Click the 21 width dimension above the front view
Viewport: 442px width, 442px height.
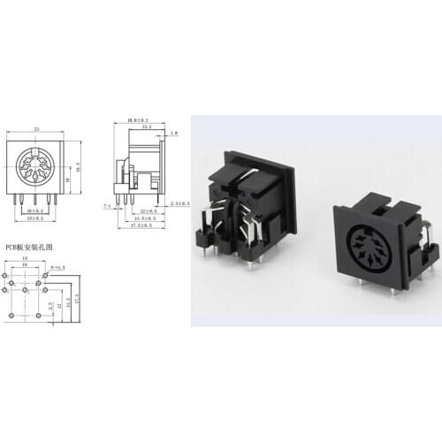(35, 129)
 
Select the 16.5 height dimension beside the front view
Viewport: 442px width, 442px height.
(78, 164)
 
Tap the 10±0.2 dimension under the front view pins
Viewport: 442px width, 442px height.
(36, 212)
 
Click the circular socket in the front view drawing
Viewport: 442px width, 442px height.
(36, 165)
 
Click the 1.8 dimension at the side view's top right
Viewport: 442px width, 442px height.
(174, 133)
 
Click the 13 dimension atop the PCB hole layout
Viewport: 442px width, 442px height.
(25, 258)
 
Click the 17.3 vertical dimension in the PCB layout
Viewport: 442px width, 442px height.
(77, 296)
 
